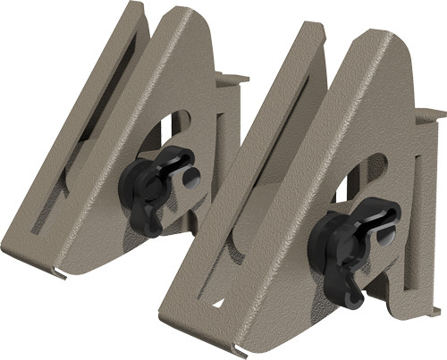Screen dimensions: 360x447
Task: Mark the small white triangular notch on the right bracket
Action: (217, 304)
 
